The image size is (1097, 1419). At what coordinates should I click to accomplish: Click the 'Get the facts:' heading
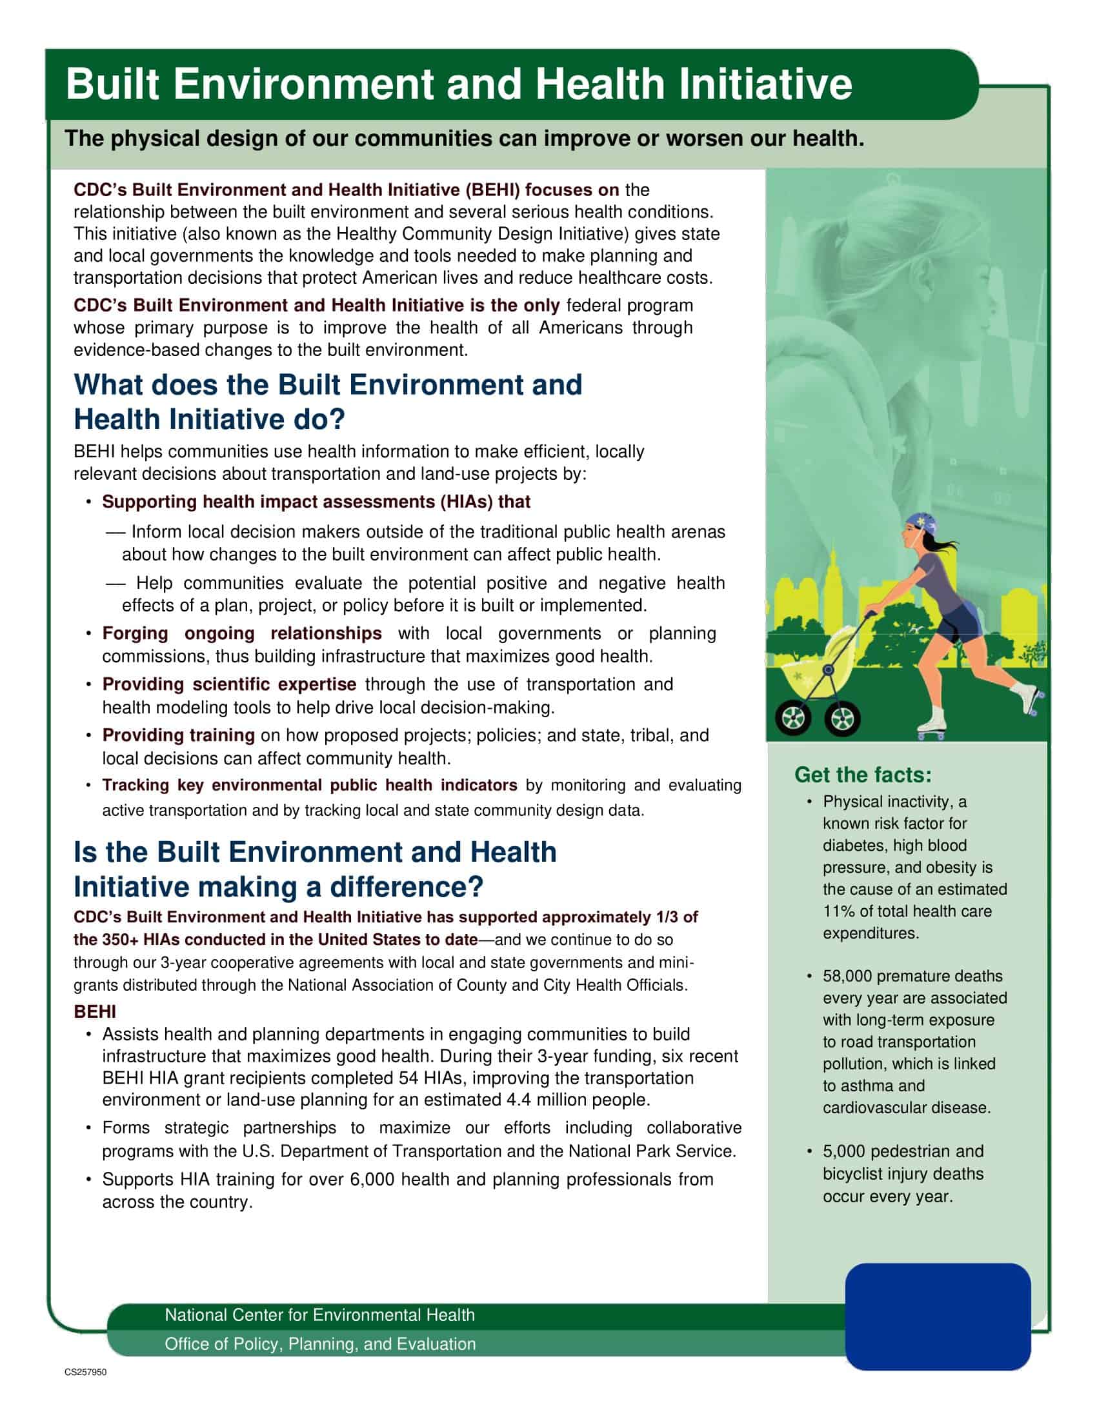tap(862, 775)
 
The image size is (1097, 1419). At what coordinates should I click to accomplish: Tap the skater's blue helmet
tap(918, 524)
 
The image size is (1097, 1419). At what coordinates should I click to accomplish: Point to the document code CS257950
tap(85, 1372)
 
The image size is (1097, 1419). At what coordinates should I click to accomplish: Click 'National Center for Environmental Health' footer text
tap(319, 1315)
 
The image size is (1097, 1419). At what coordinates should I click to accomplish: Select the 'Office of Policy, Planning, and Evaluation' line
tap(319, 1344)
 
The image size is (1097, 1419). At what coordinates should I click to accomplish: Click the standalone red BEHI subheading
tap(95, 1011)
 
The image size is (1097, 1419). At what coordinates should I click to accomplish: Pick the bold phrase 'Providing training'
tap(178, 735)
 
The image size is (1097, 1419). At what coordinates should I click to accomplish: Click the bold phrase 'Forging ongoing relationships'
tap(242, 633)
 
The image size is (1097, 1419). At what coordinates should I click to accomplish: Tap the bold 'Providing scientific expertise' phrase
tap(229, 684)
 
